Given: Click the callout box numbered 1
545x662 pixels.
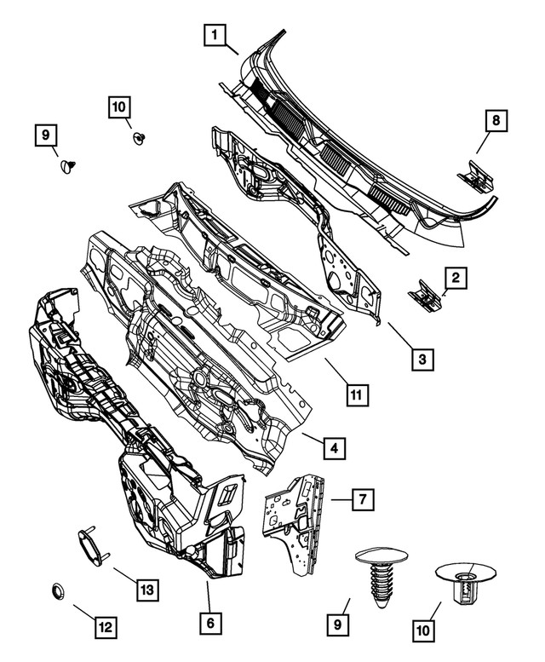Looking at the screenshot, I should click(x=215, y=36).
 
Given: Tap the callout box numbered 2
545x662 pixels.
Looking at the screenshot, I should click(x=456, y=277).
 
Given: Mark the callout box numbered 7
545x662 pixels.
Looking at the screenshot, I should click(x=361, y=499).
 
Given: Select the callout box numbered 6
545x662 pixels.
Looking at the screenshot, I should click(x=209, y=623).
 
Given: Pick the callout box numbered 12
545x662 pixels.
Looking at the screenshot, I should click(x=105, y=628).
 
